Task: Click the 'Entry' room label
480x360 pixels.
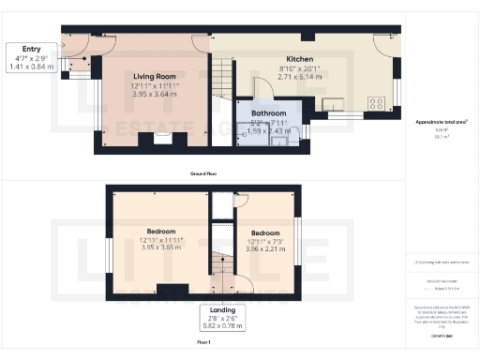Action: click(33, 48)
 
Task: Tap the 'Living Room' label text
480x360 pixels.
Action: click(155, 77)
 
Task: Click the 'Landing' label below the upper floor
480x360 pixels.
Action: click(222, 310)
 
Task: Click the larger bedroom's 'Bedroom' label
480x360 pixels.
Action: click(161, 231)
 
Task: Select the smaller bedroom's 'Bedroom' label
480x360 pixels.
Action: click(264, 232)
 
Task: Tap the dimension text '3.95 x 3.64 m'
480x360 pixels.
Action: click(155, 95)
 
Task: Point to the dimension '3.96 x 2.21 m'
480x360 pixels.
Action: click(264, 249)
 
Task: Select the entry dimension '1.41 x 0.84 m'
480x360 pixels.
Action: click(33, 67)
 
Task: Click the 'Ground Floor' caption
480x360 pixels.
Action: click(203, 174)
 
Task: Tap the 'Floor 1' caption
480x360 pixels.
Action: click(203, 345)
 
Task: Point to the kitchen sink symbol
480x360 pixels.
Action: click(332, 104)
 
